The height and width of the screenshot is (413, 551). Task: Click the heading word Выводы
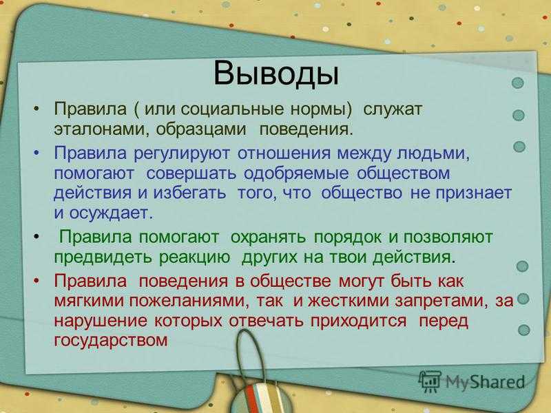pos(276,74)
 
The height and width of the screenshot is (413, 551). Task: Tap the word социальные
pos(232,109)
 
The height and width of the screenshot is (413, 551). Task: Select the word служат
pos(392,109)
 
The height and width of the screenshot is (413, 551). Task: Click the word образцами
pos(201,129)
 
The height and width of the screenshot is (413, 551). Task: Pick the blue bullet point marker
pos(37,153)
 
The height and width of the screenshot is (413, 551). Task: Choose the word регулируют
pos(182,153)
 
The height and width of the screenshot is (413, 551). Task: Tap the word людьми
pos(433,153)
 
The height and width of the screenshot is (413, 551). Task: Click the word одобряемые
pos(296,173)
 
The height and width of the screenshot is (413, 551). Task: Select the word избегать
pos(190,193)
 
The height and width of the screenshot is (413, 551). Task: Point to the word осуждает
pos(112,213)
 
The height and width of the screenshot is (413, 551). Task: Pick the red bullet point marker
pos(37,282)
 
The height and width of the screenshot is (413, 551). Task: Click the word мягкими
pos(89,301)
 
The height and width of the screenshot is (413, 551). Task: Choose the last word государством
pos(111,340)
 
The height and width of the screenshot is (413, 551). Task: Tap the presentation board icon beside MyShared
pos(429,381)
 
